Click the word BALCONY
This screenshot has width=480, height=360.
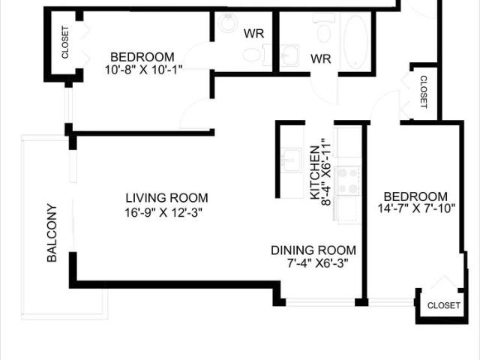[52, 232]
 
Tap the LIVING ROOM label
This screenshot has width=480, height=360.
[166, 198]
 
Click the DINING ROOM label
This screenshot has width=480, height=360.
[313, 250]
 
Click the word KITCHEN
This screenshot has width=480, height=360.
[314, 178]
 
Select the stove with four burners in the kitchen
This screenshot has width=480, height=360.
[348, 181]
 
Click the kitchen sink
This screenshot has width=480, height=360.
[291, 160]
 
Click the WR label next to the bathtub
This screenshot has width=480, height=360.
[321, 58]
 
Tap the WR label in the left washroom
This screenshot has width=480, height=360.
[251, 34]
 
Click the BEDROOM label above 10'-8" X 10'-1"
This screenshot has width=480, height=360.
[142, 57]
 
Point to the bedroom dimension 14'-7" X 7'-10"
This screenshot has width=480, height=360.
[413, 209]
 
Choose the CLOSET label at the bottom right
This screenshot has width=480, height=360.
[443, 306]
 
